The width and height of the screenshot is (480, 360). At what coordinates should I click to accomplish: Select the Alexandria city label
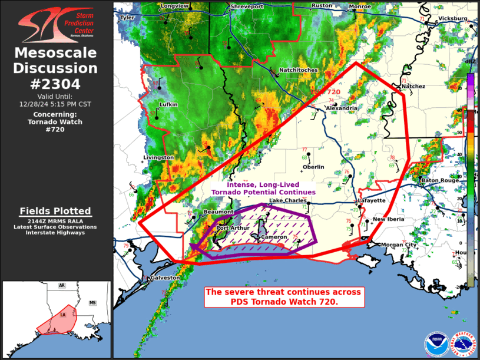[341, 108]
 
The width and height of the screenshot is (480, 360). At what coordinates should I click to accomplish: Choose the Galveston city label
[165, 278]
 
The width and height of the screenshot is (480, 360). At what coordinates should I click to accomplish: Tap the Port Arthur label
[233, 228]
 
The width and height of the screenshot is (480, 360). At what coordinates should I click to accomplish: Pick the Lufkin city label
[168, 104]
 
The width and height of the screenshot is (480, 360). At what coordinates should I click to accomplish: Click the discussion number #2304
[55, 84]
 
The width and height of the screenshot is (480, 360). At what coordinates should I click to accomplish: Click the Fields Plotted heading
[55, 211]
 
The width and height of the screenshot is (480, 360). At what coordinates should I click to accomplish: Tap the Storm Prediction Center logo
[55, 24]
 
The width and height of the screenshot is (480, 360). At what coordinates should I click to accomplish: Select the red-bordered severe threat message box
[283, 296]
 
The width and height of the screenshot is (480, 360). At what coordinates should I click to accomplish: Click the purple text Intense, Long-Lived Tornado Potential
[263, 189]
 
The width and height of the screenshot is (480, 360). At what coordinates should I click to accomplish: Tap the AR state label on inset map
[61, 285]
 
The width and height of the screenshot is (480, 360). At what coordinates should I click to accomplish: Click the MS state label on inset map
[92, 303]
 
